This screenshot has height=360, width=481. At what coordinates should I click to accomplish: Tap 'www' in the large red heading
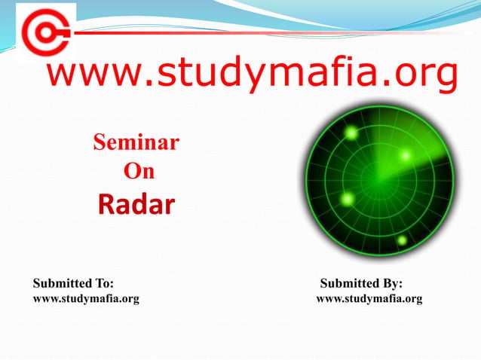[90, 76]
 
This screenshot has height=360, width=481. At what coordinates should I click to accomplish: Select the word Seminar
[136, 142]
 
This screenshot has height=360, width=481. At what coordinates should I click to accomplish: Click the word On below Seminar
[138, 172]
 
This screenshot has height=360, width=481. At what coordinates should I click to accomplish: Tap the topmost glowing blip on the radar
[351, 133]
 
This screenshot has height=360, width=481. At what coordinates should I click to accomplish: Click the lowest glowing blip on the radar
[402, 240]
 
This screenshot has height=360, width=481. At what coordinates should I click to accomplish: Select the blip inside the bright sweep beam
[405, 156]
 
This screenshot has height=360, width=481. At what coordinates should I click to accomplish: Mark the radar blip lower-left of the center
[348, 199]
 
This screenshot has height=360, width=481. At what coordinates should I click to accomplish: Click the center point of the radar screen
[380, 180]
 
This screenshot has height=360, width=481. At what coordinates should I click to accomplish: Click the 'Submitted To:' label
[73, 284]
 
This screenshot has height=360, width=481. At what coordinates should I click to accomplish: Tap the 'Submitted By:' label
[361, 284]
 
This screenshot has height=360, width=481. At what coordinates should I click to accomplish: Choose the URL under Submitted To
[86, 299]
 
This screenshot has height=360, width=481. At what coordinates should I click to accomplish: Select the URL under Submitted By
[369, 299]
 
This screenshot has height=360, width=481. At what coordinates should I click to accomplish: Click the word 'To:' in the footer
[102, 284]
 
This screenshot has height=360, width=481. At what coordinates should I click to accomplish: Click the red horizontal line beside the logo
[264, 32]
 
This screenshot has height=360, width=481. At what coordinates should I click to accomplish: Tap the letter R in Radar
[107, 203]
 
